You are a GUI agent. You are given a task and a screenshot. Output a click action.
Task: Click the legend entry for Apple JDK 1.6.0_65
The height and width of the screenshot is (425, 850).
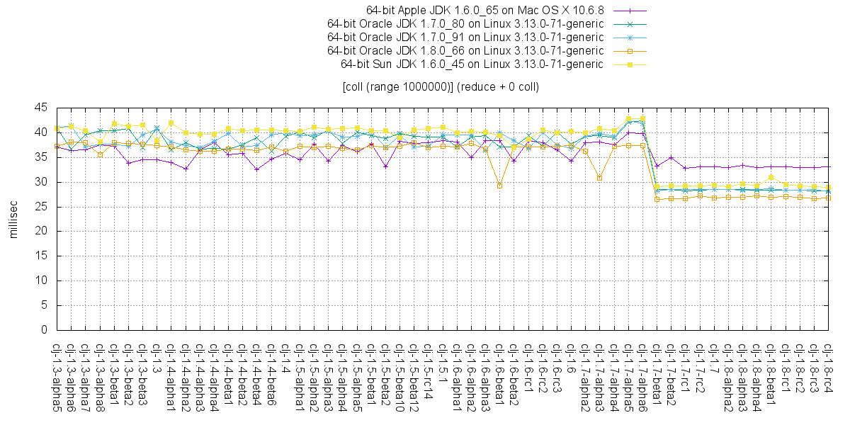pyautogui.click(x=484, y=10)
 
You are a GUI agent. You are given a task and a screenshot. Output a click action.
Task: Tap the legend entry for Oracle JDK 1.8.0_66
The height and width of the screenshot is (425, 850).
pyautogui.click(x=465, y=50)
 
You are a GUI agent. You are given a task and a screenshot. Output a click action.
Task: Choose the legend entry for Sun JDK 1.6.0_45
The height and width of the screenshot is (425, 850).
pyautogui.click(x=472, y=64)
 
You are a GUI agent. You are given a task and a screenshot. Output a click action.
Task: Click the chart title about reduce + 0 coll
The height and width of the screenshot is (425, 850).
pyautogui.click(x=440, y=87)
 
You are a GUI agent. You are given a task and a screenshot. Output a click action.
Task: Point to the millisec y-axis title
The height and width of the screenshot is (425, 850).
pyautogui.click(x=13, y=219)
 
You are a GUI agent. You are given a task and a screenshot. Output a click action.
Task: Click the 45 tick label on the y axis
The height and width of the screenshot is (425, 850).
pyautogui.click(x=41, y=108)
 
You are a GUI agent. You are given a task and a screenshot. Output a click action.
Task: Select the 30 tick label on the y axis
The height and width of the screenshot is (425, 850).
pyautogui.click(x=41, y=182)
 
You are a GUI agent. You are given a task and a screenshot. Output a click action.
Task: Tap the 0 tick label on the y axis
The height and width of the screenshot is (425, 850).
pyautogui.click(x=45, y=330)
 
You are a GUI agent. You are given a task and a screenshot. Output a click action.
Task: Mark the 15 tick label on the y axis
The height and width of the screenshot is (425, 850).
pyautogui.click(x=41, y=256)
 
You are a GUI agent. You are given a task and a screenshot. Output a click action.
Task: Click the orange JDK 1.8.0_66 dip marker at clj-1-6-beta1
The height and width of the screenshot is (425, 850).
pyautogui.click(x=500, y=186)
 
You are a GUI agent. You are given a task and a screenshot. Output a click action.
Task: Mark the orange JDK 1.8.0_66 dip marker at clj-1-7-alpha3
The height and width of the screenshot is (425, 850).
pyautogui.click(x=600, y=178)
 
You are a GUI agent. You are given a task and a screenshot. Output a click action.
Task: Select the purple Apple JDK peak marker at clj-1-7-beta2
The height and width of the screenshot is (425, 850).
pyautogui.click(x=671, y=157)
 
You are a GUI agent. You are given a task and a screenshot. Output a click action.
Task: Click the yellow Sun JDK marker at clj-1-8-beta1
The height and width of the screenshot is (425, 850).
pyautogui.click(x=771, y=177)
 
